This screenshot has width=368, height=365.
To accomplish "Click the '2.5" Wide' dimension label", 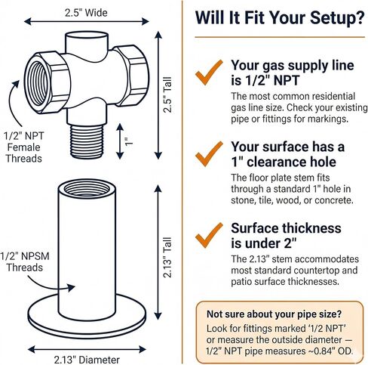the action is pos(86,13).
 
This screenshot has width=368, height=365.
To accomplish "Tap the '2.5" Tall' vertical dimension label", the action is pos(167,94).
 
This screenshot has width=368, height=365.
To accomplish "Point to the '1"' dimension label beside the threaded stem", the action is pos(129,142).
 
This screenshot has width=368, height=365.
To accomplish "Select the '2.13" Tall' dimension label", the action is pos(167,257).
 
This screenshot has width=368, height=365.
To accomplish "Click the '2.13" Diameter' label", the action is pos(87,360).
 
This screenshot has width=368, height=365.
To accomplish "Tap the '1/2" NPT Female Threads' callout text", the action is pos(23,147).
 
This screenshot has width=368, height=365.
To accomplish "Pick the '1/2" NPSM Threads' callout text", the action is pos(25,261).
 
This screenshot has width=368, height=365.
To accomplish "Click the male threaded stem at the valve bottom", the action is pos(87,141).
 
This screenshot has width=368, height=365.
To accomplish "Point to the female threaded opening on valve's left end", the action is pos(38,83).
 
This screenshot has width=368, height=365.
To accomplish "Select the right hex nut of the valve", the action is pos(133,75).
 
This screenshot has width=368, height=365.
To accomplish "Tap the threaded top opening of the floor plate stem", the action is pos(87,188).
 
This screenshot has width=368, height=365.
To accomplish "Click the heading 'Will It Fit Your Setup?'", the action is pos(280,17).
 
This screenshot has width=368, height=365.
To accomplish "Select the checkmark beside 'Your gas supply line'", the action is pos(209,73).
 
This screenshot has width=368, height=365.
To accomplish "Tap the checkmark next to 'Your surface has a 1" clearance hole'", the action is pos(209,154).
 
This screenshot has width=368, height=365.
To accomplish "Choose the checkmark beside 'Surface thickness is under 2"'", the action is pos(209,235).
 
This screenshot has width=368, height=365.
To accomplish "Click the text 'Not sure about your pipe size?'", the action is pos(274,314).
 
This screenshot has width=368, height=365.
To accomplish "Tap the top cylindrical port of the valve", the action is pos(87,43).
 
